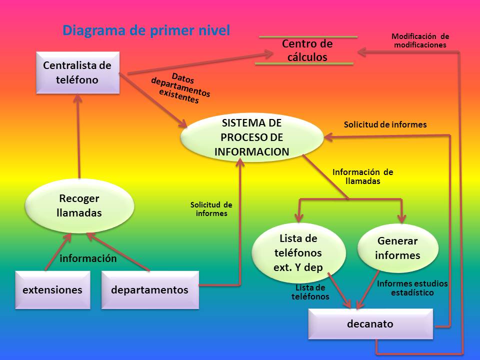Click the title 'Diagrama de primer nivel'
pyautogui.click(x=146, y=30)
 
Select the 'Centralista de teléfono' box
pyautogui.click(x=77, y=72)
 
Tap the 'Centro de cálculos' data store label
pyautogui.click(x=307, y=50)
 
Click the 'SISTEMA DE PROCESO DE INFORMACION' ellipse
pyautogui.click(x=251, y=137)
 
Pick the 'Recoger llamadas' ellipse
pyautogui.click(x=79, y=205)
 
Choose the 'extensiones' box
pyautogui.click(x=52, y=290)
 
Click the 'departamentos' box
pyautogui.click(x=149, y=290)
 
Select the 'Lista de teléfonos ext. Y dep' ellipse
pyautogui.click(x=298, y=252)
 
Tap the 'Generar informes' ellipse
pyautogui.click(x=397, y=248)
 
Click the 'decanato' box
pyautogui.click(x=370, y=324)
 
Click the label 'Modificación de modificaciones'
pyautogui.click(x=420, y=40)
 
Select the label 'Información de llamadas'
pyautogui.click(x=362, y=176)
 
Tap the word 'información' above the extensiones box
pyautogui.click(x=88, y=258)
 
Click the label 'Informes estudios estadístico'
pyautogui.click(x=412, y=288)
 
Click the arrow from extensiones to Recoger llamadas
pyautogui.click(x=56, y=252)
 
